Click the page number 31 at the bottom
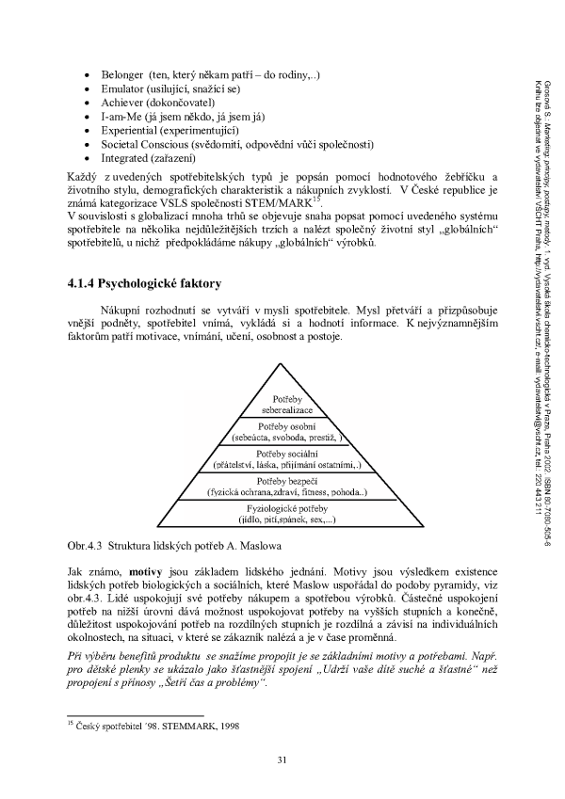coord(282,759)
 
